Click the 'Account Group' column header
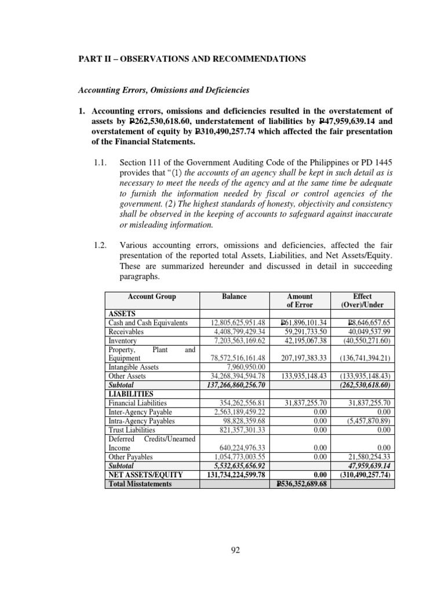(x=152, y=296)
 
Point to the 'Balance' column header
(x=234, y=296)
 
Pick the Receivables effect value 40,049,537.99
(x=363, y=332)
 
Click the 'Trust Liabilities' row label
(x=132, y=430)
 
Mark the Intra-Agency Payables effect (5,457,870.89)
(x=363, y=421)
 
